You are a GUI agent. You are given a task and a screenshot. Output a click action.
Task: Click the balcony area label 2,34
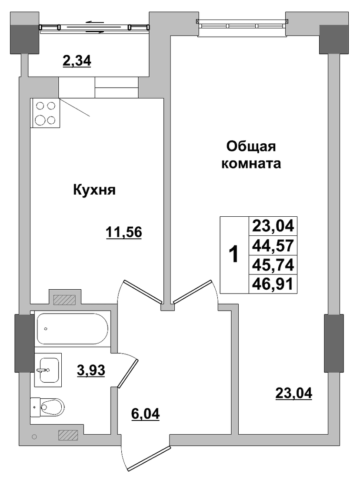coord(77,61)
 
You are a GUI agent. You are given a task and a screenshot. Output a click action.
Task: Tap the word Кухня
coord(94,190)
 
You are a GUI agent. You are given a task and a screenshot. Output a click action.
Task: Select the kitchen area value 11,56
coord(123,232)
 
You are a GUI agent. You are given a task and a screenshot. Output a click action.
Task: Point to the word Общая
coord(251,147)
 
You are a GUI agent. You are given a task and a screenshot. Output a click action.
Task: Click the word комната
coord(251,164)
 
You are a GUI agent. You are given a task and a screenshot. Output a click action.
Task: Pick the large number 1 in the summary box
coord(234,254)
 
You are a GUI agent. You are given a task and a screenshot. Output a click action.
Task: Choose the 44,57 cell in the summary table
coord(273,245)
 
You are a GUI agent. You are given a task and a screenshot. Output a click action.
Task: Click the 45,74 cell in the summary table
coord(273,265)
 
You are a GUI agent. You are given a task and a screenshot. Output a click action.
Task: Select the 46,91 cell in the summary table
coord(273,284)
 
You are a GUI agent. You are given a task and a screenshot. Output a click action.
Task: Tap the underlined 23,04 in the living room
coord(293,393)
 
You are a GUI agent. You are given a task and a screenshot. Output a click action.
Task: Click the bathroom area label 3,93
coord(91,370)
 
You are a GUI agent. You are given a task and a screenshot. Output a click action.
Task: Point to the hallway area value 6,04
coord(146,414)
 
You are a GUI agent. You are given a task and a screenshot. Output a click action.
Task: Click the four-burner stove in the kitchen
coord(45,113)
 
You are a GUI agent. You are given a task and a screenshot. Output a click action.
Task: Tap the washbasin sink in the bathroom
coord(48,370)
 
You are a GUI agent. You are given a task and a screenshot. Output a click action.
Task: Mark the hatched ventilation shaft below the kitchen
coord(64,300)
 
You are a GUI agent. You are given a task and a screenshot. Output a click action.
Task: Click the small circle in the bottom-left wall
coord(34,437)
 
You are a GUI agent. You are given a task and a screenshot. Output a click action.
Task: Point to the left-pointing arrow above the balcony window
coord(95,22)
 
